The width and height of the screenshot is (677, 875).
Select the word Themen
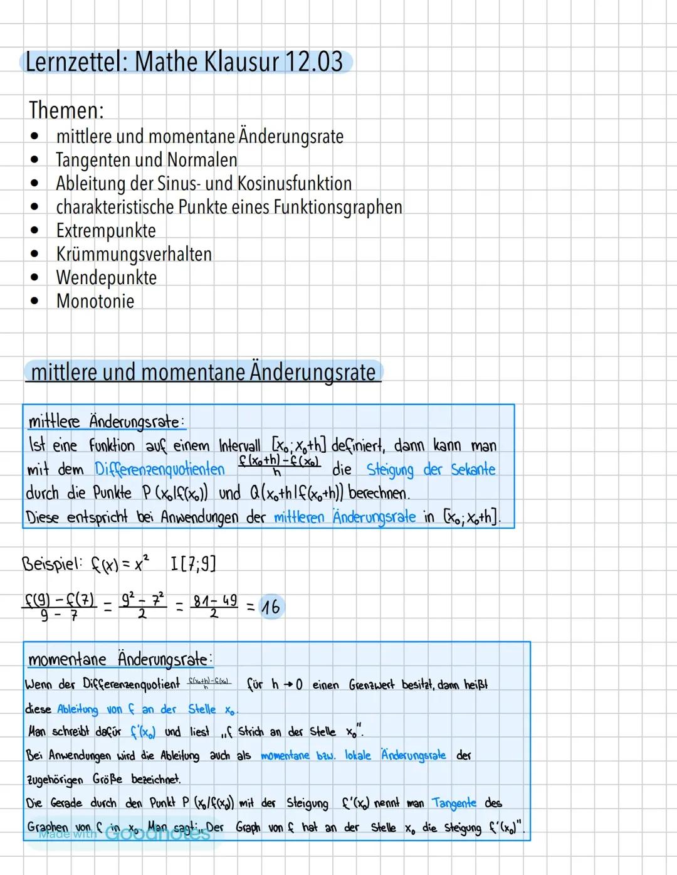(66, 110)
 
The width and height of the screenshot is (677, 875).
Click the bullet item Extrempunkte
(105, 230)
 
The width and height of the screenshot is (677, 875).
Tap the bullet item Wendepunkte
(106, 277)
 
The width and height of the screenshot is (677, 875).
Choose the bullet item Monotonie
(95, 301)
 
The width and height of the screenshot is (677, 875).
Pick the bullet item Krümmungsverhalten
(134, 254)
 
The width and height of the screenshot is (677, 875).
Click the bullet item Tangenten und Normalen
(146, 160)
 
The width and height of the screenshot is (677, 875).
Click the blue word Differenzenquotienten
(159, 469)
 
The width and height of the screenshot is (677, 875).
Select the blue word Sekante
(473, 469)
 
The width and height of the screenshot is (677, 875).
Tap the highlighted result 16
(270, 607)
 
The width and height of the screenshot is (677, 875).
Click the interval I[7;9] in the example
(193, 563)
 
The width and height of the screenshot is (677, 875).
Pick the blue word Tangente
(454, 803)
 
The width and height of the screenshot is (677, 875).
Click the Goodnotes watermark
(157, 834)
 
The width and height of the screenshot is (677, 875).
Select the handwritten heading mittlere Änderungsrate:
(107, 421)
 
